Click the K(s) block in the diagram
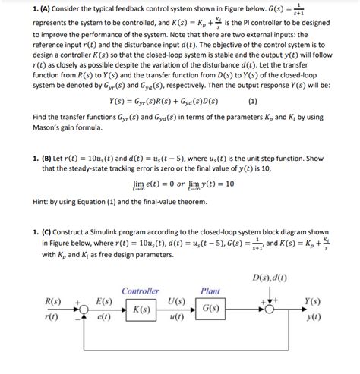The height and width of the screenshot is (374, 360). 141,310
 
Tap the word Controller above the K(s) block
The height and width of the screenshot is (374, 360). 141,291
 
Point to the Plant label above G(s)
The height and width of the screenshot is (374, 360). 210,291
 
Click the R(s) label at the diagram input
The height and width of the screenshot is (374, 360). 52,302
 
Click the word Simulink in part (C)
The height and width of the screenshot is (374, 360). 106,234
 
